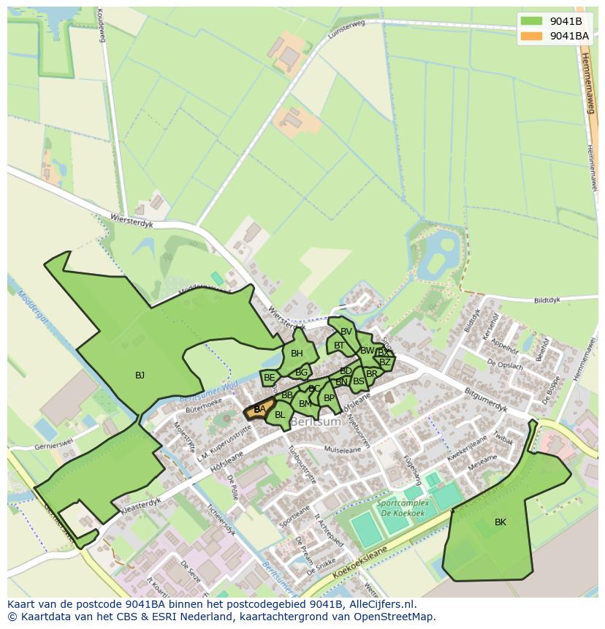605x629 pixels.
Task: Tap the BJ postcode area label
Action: (140, 376)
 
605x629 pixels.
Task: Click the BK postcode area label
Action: (501, 522)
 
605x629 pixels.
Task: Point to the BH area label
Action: (297, 354)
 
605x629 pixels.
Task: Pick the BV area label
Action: (346, 332)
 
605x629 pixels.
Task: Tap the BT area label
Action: (339, 346)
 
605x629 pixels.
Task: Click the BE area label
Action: (270, 378)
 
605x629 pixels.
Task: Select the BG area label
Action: (301, 373)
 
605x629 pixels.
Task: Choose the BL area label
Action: (280, 415)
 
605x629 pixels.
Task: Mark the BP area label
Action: (329, 398)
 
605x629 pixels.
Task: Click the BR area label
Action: (372, 374)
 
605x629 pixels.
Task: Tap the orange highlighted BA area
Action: (259, 410)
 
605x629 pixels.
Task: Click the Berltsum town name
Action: (316, 422)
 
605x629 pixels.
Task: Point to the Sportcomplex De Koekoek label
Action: (397, 507)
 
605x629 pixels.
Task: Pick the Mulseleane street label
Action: (343, 451)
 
